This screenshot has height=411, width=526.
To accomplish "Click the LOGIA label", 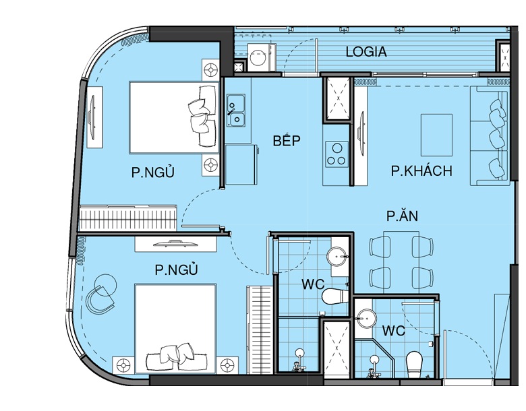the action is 366,52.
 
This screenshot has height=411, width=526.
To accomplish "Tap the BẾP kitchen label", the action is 286,140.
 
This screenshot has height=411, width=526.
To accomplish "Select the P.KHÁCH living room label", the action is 421,170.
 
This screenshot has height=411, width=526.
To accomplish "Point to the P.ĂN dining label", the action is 402,216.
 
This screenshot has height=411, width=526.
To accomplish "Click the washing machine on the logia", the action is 260,58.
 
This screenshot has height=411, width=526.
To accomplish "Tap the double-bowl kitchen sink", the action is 236,110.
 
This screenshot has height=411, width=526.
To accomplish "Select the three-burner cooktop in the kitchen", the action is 337,154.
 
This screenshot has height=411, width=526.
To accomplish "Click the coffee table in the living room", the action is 436,135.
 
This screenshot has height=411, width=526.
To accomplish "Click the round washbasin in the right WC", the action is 367,318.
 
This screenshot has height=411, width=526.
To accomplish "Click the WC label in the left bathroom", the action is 313,284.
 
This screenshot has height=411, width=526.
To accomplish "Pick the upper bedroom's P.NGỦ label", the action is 153,172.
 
